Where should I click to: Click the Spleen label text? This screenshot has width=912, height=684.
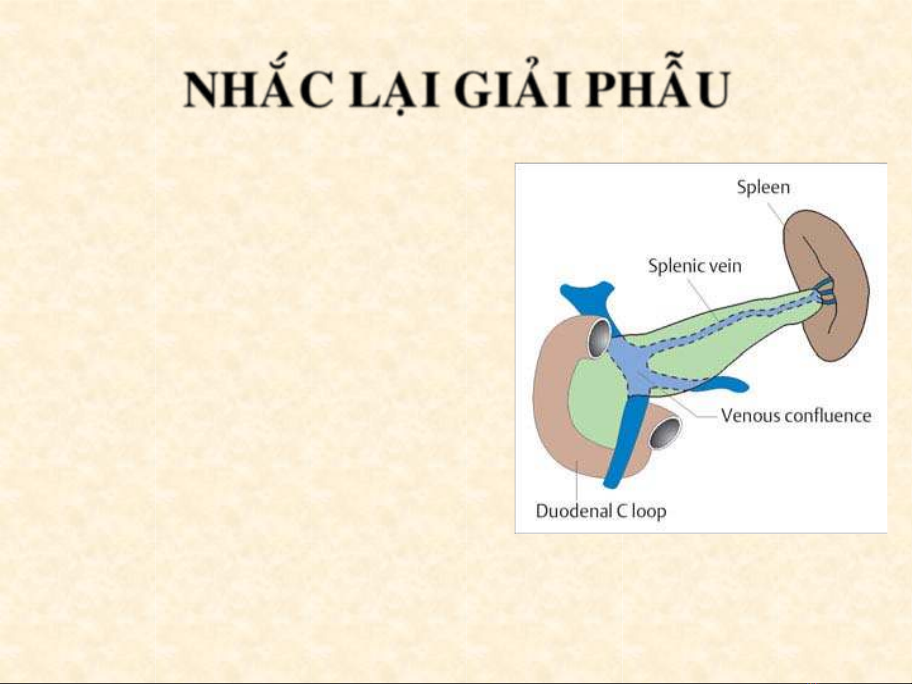tap(763, 187)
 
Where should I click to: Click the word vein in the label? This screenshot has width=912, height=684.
tap(725, 266)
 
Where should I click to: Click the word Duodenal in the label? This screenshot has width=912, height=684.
tap(574, 511)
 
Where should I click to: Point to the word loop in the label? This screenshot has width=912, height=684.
tap(649, 512)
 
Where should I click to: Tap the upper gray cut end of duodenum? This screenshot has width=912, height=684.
tap(599, 338)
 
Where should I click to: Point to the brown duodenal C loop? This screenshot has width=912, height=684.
tap(553, 415)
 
